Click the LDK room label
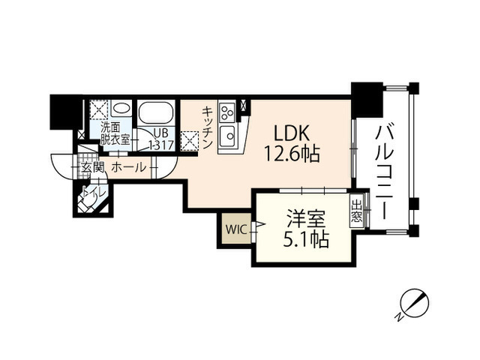click(291, 133)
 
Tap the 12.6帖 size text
click(292, 153)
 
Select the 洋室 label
click(306, 219)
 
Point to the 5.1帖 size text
click(306, 239)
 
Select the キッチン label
click(207, 127)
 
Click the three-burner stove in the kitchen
click(227, 112)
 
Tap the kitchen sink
click(226, 134)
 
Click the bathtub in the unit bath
click(155, 112)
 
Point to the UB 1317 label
click(161, 139)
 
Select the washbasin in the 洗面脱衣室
click(121, 108)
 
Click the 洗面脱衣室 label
click(115, 134)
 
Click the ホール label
click(129, 167)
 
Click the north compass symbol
click(412, 304)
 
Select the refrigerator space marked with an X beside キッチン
click(190, 140)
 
